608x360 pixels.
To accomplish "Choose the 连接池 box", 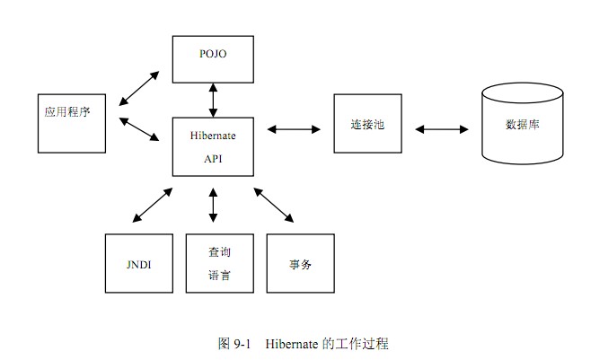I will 366,123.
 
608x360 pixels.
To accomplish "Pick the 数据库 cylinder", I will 522,123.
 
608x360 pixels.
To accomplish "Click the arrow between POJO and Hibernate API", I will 213,100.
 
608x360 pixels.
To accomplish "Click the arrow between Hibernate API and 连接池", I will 294,130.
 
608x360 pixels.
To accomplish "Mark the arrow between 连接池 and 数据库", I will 442,130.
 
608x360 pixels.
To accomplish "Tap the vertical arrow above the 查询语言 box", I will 213,205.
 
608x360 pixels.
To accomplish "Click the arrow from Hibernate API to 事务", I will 273,205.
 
